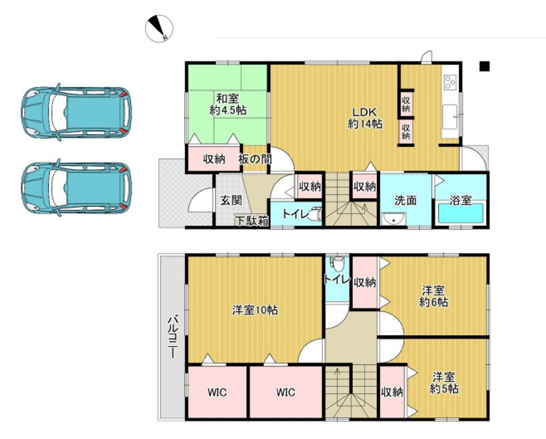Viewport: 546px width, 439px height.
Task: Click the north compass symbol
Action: (x=159, y=29)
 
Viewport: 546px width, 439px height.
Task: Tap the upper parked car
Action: (x=76, y=112)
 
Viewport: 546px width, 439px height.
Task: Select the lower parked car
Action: (x=76, y=188)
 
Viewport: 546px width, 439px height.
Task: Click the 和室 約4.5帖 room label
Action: (x=228, y=104)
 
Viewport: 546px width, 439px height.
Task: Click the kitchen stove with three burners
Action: (x=450, y=82)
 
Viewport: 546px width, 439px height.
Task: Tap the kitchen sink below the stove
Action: (x=450, y=117)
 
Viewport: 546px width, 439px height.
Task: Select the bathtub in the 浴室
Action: (x=461, y=214)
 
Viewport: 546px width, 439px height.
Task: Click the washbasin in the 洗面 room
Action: (x=394, y=219)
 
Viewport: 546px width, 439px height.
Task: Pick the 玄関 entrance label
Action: (x=231, y=200)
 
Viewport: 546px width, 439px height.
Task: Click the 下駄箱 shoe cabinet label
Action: (x=253, y=221)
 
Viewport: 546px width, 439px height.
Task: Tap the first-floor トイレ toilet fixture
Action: (x=315, y=214)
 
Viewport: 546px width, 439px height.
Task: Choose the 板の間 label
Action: (x=255, y=159)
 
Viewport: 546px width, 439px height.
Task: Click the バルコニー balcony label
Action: (x=173, y=337)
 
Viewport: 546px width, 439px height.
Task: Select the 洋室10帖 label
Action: (x=255, y=310)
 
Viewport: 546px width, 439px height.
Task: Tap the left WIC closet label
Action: (x=217, y=393)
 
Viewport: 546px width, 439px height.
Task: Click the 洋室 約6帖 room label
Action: (x=433, y=296)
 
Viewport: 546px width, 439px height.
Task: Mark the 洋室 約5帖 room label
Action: (x=444, y=382)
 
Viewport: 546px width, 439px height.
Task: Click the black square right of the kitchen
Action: (x=485, y=66)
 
